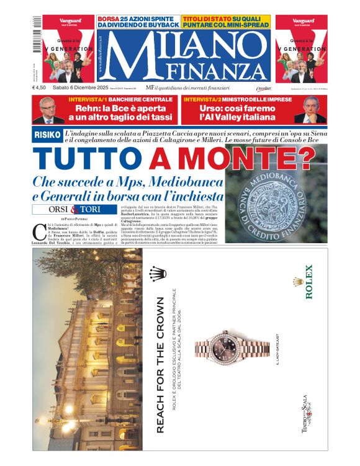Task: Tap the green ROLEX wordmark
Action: pos(308,282)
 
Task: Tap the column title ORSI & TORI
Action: pos(73,209)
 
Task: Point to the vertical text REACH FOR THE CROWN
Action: pos(160,365)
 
